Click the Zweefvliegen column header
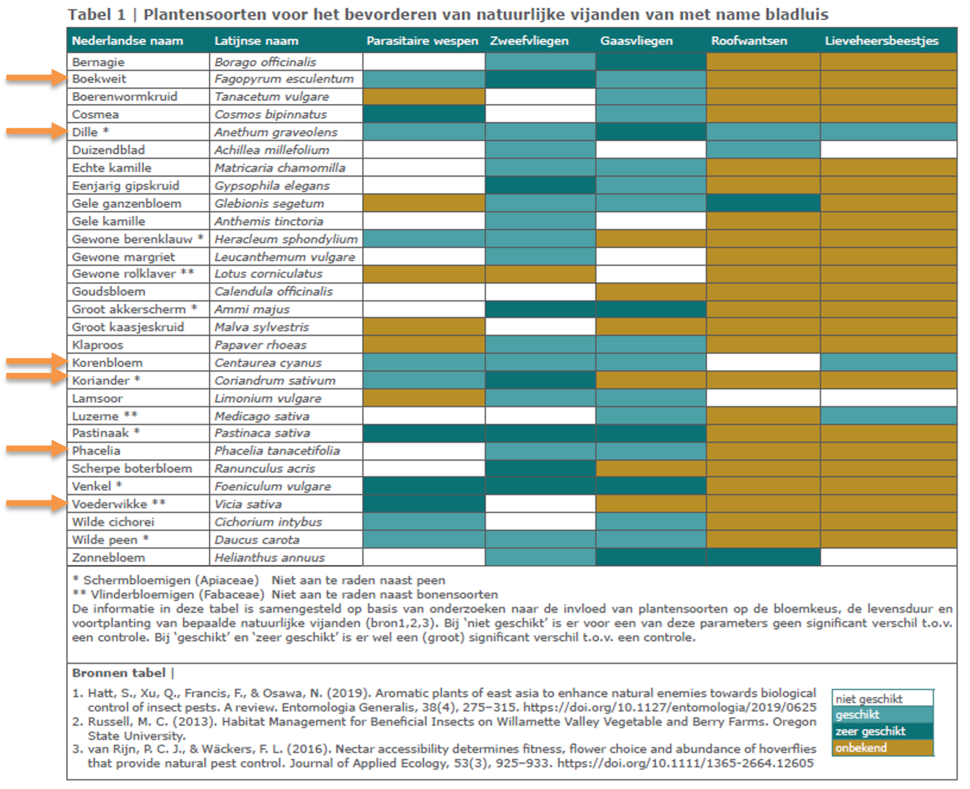pyautogui.click(x=529, y=41)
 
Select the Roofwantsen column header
pyautogui.click(x=749, y=41)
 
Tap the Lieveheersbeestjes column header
pyautogui.click(x=881, y=41)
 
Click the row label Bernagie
pyautogui.click(x=98, y=62)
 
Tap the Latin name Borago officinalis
pyautogui.click(x=265, y=62)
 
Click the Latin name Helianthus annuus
pyautogui.click(x=270, y=558)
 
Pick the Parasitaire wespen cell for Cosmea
pyautogui.click(x=424, y=114)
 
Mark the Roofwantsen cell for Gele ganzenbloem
pyautogui.click(x=763, y=203)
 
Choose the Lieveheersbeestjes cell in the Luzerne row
pyautogui.click(x=889, y=416)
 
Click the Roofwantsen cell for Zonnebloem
pyautogui.click(x=763, y=557)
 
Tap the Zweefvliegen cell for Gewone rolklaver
pyautogui.click(x=540, y=274)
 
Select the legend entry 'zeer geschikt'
pyautogui.click(x=870, y=731)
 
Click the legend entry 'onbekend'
pyautogui.click(x=861, y=748)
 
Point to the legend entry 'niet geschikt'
pyautogui.click(x=869, y=699)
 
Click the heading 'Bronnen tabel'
pyautogui.click(x=119, y=673)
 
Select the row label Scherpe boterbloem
pyautogui.click(x=132, y=469)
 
